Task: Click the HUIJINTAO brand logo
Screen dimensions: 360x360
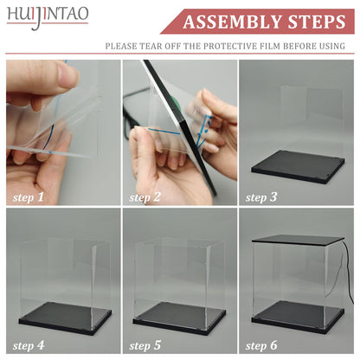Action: pos(48,16)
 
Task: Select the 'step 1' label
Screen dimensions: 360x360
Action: pos(28,197)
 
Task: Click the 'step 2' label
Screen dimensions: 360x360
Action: pos(145,197)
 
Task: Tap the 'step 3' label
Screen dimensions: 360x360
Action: pos(261,197)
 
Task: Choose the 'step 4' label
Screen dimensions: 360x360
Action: pos(29,345)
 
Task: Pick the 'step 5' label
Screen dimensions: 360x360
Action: pos(145,345)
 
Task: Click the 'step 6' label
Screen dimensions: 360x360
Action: pos(261,345)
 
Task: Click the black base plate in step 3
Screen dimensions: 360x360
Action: pos(298,166)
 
